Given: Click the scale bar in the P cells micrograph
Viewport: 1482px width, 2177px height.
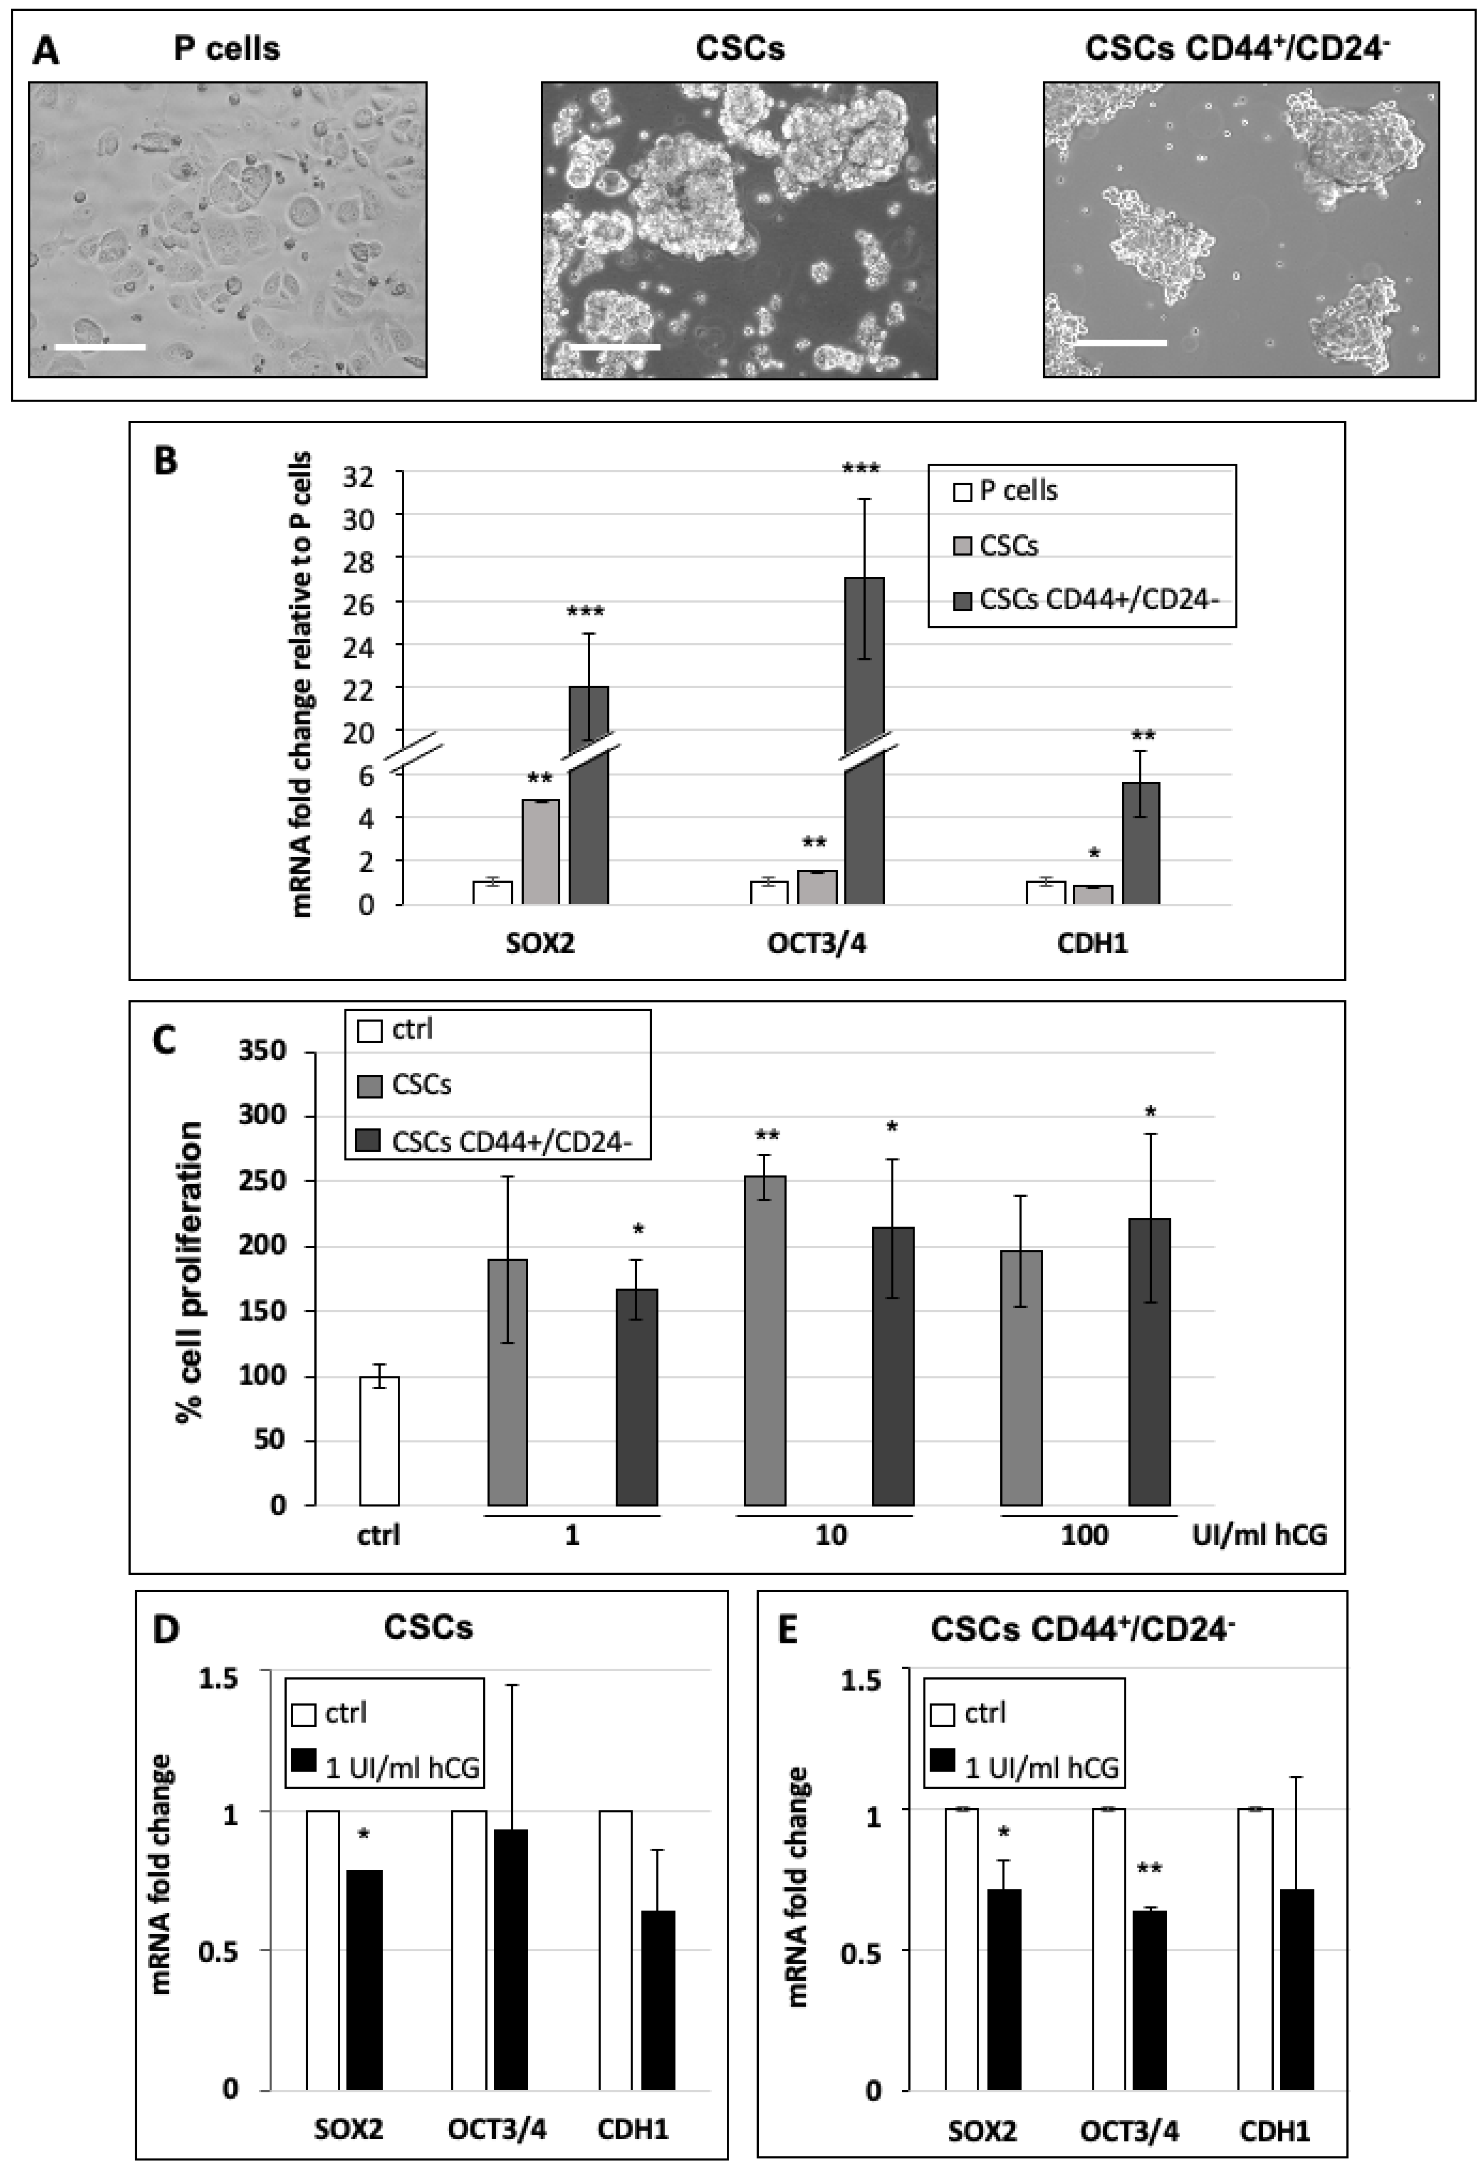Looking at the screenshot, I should click(x=100, y=346).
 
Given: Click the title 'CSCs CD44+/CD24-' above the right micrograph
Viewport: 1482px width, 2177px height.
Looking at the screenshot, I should click(x=1237, y=49).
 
